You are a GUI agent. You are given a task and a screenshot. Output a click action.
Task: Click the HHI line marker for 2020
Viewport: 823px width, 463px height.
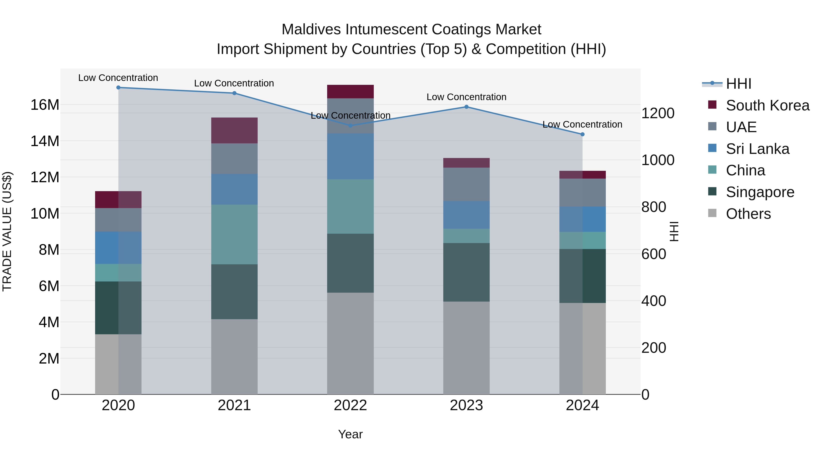(x=118, y=88)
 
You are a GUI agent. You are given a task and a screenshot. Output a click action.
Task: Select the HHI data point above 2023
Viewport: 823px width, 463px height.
(x=466, y=107)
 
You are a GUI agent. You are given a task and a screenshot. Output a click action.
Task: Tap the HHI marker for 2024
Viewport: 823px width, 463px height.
(x=583, y=134)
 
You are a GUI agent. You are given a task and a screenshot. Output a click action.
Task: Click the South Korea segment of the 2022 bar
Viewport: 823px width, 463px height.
(x=350, y=92)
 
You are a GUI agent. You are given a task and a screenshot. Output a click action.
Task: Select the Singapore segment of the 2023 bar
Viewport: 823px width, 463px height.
(x=466, y=272)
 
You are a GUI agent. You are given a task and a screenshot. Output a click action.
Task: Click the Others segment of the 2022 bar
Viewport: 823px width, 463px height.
(x=350, y=343)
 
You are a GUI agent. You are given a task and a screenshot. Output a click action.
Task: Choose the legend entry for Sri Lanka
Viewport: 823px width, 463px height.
(x=757, y=149)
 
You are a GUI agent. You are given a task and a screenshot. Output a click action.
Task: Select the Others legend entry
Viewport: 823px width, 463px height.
(x=748, y=214)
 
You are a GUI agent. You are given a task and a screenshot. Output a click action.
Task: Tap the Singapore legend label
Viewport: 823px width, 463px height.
(x=760, y=192)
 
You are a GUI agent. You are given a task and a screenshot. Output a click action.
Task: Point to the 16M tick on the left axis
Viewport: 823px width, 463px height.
(x=45, y=105)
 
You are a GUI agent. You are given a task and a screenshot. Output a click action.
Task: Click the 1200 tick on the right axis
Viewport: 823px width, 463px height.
(x=658, y=113)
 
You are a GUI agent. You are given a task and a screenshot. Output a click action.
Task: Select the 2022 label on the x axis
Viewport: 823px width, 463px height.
(x=350, y=405)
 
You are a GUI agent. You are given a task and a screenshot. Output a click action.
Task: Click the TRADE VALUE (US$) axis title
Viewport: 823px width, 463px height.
(x=7, y=231)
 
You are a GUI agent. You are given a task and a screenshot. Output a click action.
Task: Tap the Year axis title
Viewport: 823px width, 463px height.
(x=350, y=434)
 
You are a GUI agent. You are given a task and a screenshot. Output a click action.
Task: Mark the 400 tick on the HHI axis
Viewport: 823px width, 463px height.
(x=654, y=301)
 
